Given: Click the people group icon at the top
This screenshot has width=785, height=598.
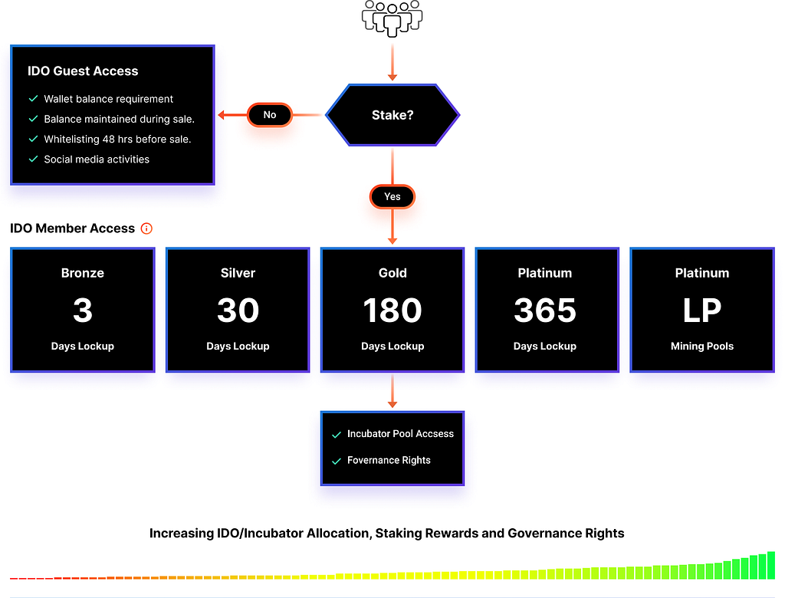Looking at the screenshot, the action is [392, 18].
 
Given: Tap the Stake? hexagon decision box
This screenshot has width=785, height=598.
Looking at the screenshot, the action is [392, 115].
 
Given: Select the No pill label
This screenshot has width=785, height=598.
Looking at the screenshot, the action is [269, 115].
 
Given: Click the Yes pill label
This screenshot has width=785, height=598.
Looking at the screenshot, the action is [392, 196].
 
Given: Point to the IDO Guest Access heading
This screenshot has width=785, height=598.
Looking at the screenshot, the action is [83, 71].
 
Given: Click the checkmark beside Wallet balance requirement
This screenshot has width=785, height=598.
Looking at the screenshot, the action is [34, 99].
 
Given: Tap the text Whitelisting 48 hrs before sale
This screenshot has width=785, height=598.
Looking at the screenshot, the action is [117, 140].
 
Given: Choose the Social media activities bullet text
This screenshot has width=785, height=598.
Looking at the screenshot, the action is [97, 159].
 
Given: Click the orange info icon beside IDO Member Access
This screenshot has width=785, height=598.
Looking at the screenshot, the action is [146, 228].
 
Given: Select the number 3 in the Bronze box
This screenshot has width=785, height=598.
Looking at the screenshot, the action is [83, 310].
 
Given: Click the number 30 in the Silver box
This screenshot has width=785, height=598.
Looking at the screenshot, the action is [238, 310].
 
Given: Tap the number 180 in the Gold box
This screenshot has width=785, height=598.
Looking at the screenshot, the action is [392, 310].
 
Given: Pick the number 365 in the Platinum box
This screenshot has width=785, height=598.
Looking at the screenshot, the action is [545, 310].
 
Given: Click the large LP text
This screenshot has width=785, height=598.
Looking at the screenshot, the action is [702, 310].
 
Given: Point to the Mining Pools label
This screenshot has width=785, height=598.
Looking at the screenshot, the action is [702, 346].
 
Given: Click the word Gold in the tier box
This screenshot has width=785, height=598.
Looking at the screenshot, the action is [392, 273].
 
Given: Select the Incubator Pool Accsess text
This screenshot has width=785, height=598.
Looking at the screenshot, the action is [400, 434].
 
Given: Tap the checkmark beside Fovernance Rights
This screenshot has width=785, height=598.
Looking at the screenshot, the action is [337, 461].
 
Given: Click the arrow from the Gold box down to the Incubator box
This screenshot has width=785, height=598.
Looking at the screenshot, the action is [392, 391].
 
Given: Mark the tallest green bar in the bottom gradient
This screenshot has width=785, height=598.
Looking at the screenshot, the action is [771, 566].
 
